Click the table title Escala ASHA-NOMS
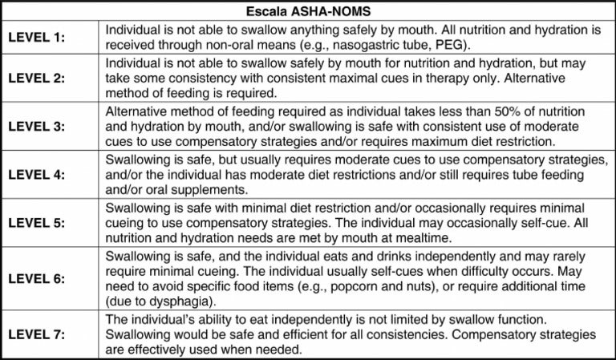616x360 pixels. [307, 11]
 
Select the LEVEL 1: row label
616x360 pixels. [37, 37]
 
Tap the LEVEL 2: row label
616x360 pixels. [37, 79]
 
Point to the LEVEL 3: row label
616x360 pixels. [37, 127]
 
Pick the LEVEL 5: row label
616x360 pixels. [37, 221]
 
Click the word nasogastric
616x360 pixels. [365, 43]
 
